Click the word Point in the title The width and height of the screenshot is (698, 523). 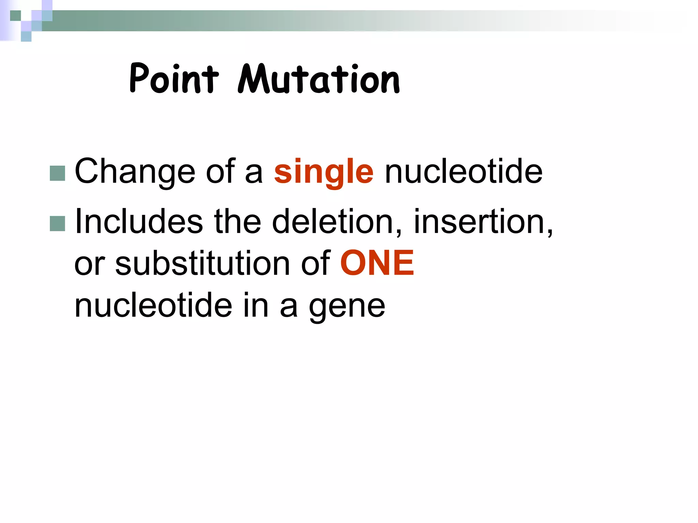tap(174, 79)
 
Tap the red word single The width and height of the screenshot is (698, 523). tap(323, 172)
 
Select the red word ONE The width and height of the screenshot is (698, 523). tap(377, 263)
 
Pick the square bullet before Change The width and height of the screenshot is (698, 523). tap(57, 173)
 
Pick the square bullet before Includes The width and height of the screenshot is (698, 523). tap(57, 224)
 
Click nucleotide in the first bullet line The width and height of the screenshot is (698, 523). tap(463, 172)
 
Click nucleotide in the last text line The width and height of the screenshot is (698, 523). tap(153, 305)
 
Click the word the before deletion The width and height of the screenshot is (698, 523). tap(237, 222)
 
